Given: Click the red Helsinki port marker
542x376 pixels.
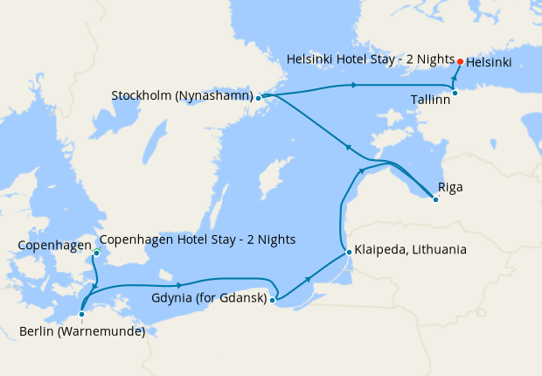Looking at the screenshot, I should click(461, 61).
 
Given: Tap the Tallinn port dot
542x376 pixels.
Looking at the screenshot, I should click(455, 93).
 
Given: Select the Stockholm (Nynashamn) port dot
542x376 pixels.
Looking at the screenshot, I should click(259, 99).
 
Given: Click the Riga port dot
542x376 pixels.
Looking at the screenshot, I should click(435, 200).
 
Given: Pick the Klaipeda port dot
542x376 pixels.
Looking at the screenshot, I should click(349, 253).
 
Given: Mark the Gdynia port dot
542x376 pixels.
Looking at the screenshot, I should click(273, 300).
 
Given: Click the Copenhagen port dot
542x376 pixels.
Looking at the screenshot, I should click(96, 254).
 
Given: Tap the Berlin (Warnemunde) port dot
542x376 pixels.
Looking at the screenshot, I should click(80, 313).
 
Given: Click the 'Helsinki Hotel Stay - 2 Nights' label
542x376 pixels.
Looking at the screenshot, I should click(371, 60).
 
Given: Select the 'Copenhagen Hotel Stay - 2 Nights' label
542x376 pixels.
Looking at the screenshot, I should click(198, 240).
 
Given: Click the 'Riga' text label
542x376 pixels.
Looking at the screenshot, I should click(452, 187).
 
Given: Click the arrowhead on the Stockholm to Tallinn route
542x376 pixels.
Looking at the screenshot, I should click(353, 85).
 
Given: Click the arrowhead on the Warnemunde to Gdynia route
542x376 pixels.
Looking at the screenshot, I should click(178, 285).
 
